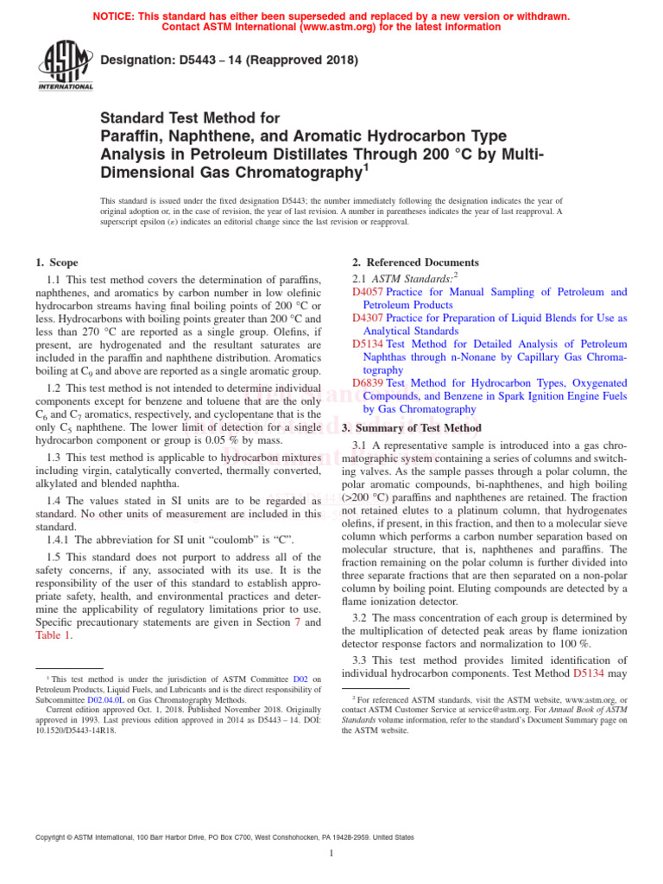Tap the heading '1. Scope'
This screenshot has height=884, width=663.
[x=56, y=262]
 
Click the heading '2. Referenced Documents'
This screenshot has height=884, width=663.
[x=415, y=262]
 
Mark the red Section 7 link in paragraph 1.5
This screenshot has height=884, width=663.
[x=294, y=622]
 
